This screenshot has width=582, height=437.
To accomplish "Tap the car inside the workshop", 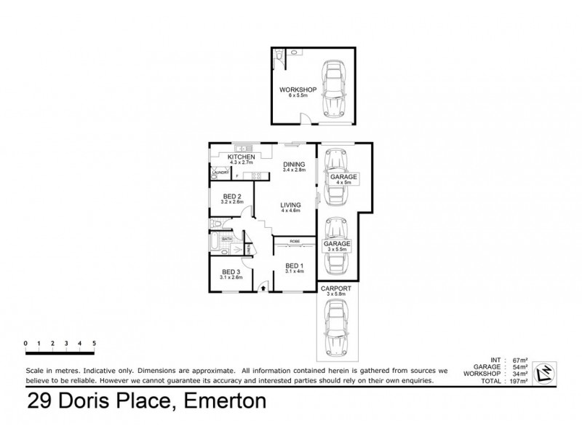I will click(x=333, y=90).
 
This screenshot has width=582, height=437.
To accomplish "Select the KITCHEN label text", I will click(x=241, y=157).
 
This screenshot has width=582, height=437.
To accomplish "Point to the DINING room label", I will click(x=295, y=165).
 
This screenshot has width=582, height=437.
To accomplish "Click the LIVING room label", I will click(x=291, y=205).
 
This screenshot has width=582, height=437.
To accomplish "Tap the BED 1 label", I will click(x=294, y=265).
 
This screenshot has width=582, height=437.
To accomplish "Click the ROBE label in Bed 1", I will click(x=295, y=241).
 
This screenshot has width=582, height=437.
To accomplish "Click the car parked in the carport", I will click(x=336, y=327).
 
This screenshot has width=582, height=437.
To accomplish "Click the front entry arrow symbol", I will click(x=263, y=289).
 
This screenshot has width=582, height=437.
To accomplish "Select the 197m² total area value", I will click(x=519, y=382).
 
